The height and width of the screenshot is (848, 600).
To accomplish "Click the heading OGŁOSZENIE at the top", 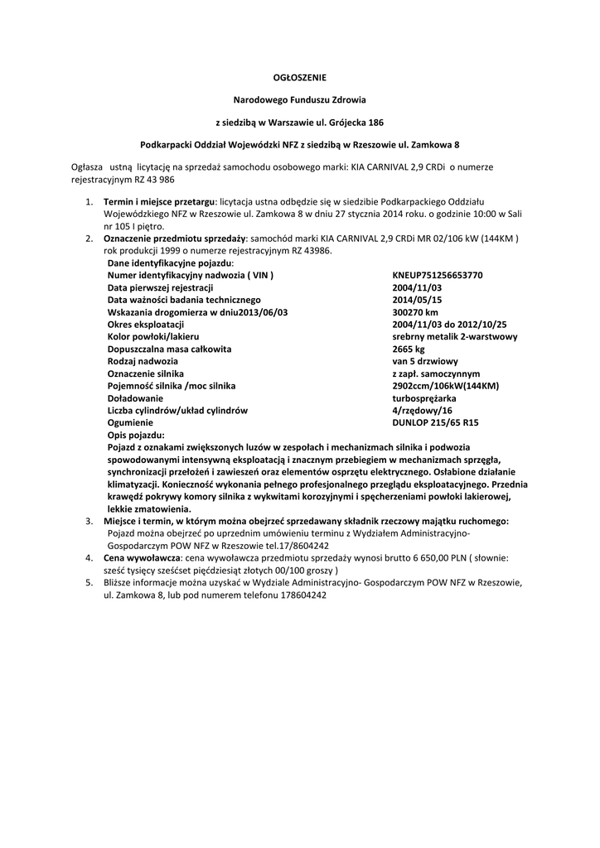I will pos(300,77).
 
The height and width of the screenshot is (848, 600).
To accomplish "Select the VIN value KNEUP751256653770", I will pos(437,275).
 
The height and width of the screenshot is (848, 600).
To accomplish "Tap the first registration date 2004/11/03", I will pos(417,287).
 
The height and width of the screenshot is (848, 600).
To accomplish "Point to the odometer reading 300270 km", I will pos(415,312).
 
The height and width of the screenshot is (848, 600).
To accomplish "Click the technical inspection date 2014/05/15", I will pos(417,300).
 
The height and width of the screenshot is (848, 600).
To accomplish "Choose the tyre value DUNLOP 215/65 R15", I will pos(435,422).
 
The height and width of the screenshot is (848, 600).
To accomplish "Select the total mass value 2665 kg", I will pos(408,349).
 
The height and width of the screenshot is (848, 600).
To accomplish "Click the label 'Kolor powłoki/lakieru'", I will pos(153,336).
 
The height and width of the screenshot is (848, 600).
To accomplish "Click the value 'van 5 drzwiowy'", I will pos(425,361).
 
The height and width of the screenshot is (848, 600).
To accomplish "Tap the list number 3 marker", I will pos(90,521).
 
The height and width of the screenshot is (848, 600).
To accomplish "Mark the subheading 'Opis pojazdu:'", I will pos(136,435).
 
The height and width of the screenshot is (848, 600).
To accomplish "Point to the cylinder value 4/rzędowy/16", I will pos(422,410).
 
